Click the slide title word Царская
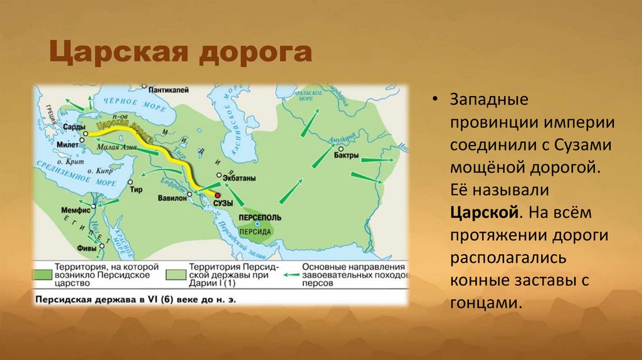tap(118, 53)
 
